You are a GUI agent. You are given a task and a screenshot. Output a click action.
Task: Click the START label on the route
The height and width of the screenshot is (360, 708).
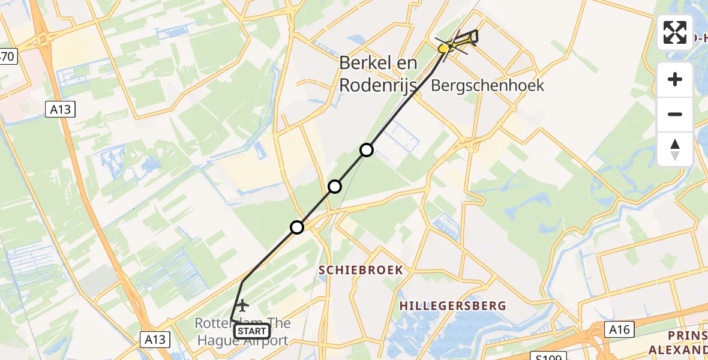coord(252,331)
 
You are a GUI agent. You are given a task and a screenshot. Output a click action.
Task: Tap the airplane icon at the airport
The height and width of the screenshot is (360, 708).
coord(242,305)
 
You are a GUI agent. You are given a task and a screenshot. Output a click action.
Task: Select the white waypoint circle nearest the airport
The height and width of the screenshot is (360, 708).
coord(297,227)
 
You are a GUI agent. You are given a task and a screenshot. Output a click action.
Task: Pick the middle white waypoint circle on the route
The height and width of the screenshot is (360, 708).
coord(335,187)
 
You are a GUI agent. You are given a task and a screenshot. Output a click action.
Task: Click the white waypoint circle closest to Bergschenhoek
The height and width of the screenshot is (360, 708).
coord(367,149)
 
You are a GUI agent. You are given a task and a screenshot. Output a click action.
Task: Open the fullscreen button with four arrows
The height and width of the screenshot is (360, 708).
coord(675,32)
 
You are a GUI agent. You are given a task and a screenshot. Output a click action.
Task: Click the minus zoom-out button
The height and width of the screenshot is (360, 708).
coord(675,114)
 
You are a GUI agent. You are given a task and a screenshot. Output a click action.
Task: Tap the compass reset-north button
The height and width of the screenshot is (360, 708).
coord(675,149)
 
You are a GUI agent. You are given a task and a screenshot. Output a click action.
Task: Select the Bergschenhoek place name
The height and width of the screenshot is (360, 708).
coord(488,85)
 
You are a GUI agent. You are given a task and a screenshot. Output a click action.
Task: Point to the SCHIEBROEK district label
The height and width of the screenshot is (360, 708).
coord(361,271)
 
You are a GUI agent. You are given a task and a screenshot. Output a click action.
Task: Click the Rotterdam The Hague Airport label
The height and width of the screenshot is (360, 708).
coord(242,332)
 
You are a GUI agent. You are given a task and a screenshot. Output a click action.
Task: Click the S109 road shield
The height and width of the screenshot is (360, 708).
coord(549,357)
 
